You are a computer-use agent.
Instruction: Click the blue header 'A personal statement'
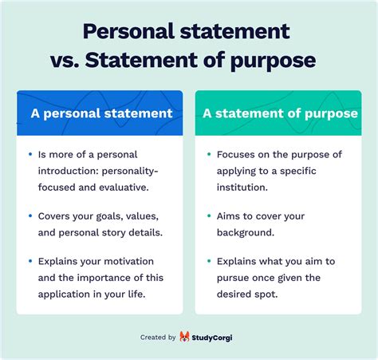click(101, 113)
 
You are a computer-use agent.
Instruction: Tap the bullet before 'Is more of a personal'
click(30, 153)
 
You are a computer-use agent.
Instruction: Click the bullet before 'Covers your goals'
click(30, 216)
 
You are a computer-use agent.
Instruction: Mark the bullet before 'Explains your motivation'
click(30, 261)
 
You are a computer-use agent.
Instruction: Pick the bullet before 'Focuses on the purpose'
click(208, 153)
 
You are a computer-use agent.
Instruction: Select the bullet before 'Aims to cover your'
click(208, 216)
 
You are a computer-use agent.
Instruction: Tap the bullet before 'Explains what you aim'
click(208, 261)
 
